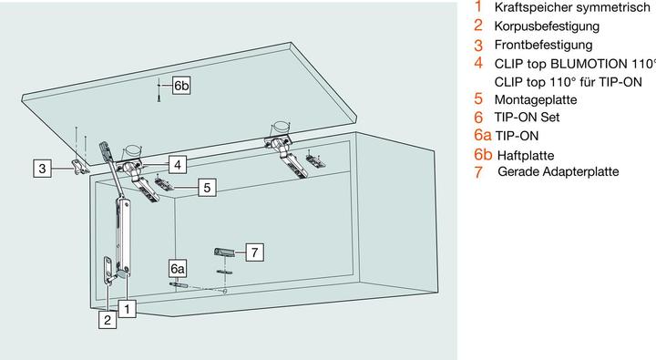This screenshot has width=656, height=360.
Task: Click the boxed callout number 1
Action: click(128, 309)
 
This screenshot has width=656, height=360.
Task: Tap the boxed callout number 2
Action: click(108, 320)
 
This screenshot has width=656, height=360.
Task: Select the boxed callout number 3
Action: click(42, 169)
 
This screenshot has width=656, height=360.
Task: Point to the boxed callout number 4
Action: click(178, 165)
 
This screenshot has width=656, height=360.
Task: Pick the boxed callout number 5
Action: click(207, 187)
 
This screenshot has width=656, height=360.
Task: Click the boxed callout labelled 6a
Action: click(178, 269)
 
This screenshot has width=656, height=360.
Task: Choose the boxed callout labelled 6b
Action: click(181, 86)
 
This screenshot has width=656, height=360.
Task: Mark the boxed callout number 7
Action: click(254, 252)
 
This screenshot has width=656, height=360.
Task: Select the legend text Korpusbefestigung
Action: click(547, 26)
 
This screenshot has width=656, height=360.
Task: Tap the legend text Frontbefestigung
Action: click(543, 45)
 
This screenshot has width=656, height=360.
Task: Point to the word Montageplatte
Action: click(536, 99)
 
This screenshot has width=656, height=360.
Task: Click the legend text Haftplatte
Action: click(526, 155)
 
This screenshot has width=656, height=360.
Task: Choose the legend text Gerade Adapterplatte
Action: click(559, 171)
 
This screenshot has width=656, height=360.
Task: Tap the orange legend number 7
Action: click(478, 171)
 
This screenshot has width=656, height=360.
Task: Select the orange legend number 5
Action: click(478, 99)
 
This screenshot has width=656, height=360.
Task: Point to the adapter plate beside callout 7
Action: click(224, 252)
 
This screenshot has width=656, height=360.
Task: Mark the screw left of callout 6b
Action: click(159, 90)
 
